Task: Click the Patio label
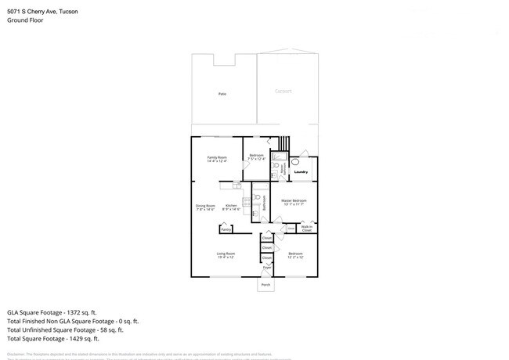(x=222, y=94)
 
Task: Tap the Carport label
(x=283, y=92)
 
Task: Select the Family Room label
(x=217, y=159)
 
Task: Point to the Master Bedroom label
(x=294, y=203)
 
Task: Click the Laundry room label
(x=301, y=172)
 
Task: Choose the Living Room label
(x=226, y=255)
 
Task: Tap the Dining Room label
(x=205, y=207)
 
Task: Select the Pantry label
(x=226, y=229)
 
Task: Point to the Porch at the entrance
(x=266, y=286)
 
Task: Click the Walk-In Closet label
(x=306, y=229)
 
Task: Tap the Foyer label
(x=266, y=268)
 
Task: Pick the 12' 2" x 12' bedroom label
(x=295, y=255)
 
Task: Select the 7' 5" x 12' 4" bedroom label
(x=256, y=157)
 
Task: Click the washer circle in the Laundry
(x=295, y=162)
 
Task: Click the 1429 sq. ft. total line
(x=52, y=339)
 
